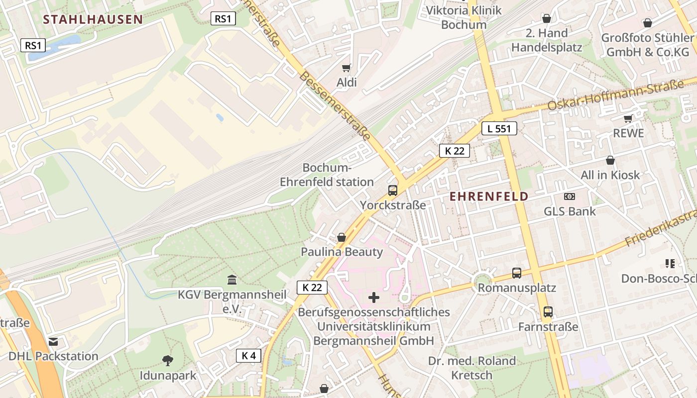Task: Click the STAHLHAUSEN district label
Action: pos(93,19)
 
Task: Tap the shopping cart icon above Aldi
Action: pos(346,68)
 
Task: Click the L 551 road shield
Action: pos(499,128)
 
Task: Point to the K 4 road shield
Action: pos(248,355)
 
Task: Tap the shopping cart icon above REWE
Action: pos(628,118)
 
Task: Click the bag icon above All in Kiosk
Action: pos(610,160)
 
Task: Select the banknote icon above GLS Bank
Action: pos(569,197)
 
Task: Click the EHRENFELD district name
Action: pos(488,197)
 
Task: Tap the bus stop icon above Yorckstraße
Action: pos(392,191)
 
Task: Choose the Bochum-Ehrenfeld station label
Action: pos(327,175)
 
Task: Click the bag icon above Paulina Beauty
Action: pos(342,237)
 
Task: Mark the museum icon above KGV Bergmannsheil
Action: pos(232,280)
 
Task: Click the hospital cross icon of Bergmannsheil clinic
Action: pos(373,298)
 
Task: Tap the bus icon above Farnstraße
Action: pos(548,312)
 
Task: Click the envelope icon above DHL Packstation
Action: pos(53,341)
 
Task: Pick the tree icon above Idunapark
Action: pos(168,360)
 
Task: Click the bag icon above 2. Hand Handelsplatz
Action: pos(546,18)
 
